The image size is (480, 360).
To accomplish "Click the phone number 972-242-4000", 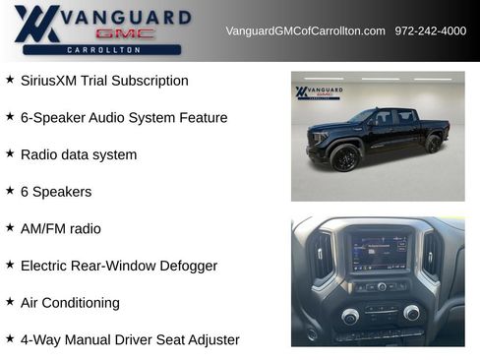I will point(430,30).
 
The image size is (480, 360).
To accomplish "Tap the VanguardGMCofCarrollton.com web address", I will point(305,30).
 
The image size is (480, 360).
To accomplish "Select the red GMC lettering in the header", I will point(125,33).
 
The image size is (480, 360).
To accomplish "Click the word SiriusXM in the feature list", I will point(50,81).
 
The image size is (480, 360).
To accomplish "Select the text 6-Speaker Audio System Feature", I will point(124,118).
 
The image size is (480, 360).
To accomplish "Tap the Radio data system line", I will point(79,154).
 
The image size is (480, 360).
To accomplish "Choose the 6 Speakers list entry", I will point(56,192).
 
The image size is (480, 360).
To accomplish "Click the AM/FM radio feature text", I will point(61,228).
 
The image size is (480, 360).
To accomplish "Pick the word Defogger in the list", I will point(186,266).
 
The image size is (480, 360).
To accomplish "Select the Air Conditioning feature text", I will point(70,303).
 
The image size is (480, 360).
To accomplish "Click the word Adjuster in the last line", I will point(210,339).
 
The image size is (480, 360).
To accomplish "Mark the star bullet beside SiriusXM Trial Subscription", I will point(10,80).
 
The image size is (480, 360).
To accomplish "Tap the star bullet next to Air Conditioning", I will point(10,302).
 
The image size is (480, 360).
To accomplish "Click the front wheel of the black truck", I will point(344,157).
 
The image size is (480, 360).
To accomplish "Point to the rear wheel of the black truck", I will point(433,144).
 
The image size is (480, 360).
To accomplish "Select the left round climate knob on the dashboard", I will point(349,316).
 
